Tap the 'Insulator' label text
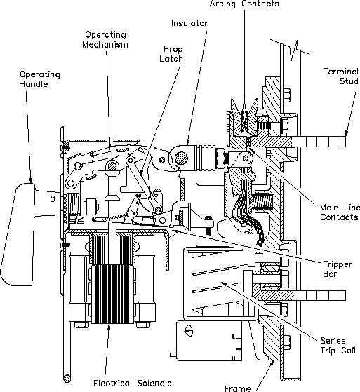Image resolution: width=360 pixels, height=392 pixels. [x=190, y=22]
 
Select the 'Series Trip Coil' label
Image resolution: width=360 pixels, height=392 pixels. [x=332, y=344]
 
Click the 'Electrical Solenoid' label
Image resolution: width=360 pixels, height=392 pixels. [x=132, y=383]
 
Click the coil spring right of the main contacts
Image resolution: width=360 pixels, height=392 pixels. [x=263, y=204]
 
